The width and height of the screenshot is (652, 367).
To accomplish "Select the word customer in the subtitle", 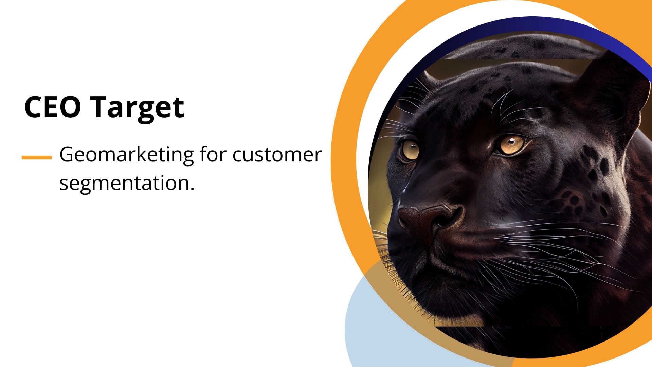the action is click(x=277, y=155).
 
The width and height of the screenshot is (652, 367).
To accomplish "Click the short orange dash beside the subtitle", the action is click(x=37, y=157).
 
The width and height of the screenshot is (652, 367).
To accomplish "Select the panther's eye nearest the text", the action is click(x=410, y=150).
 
